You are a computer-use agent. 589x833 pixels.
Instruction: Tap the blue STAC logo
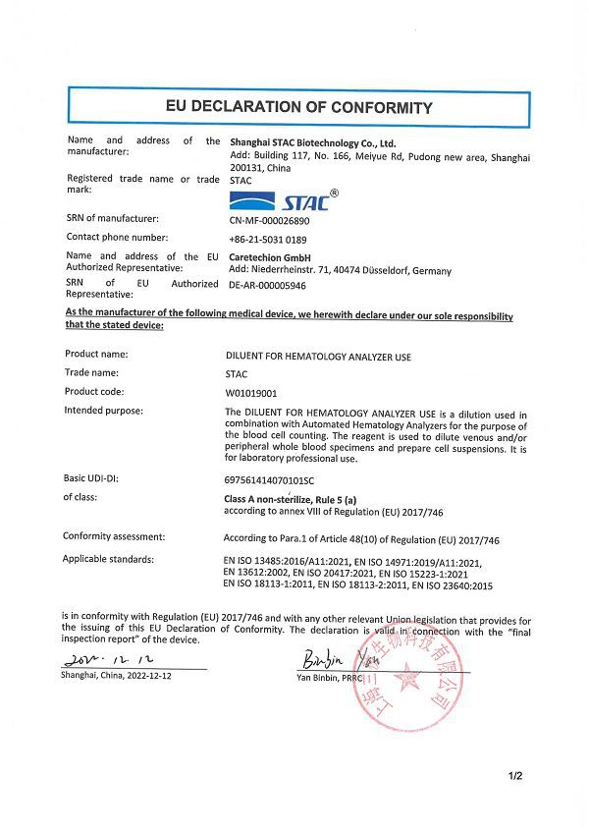(x=277, y=200)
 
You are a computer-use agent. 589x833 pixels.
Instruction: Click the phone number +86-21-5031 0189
(x=267, y=238)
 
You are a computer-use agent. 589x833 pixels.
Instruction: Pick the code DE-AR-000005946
(x=267, y=285)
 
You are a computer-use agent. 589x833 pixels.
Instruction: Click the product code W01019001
(x=252, y=391)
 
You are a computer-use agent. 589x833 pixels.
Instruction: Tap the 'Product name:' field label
(x=97, y=354)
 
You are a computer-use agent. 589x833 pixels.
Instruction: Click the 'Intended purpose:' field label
(x=103, y=410)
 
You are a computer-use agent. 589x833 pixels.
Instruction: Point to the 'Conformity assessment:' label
(x=114, y=536)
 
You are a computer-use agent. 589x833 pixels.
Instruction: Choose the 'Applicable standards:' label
(x=108, y=559)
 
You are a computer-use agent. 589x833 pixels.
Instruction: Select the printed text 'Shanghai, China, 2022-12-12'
(x=123, y=677)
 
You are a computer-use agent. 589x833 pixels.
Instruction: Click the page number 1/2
(x=515, y=777)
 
